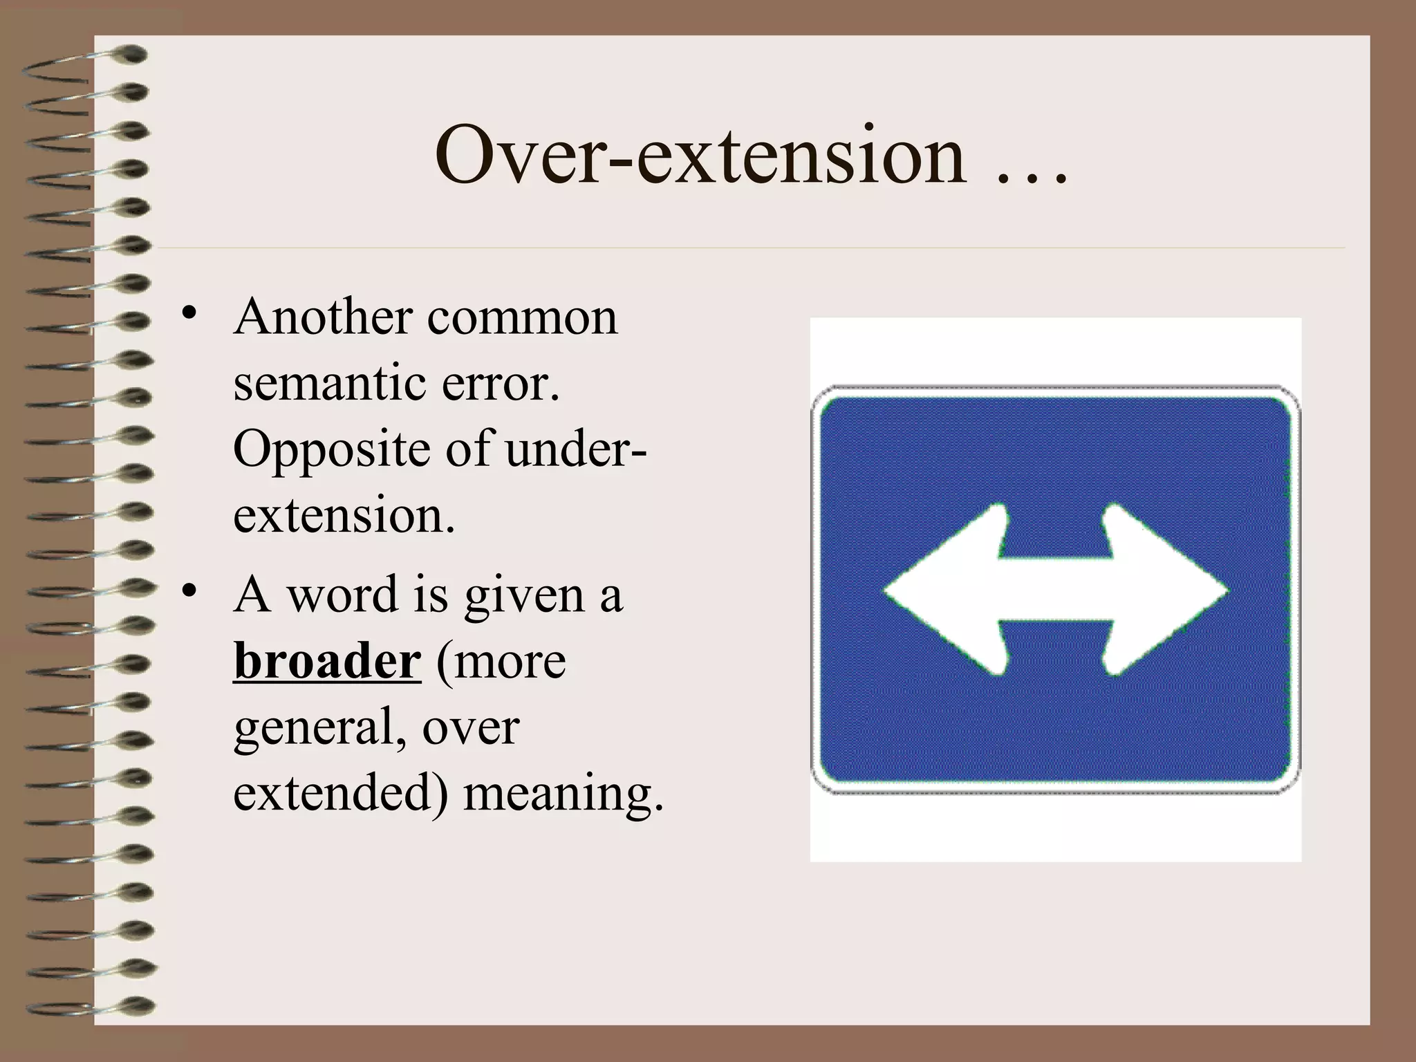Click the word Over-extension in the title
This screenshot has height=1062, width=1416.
[700, 156]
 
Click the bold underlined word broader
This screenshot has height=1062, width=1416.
[327, 661]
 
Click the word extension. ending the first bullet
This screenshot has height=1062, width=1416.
[344, 516]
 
